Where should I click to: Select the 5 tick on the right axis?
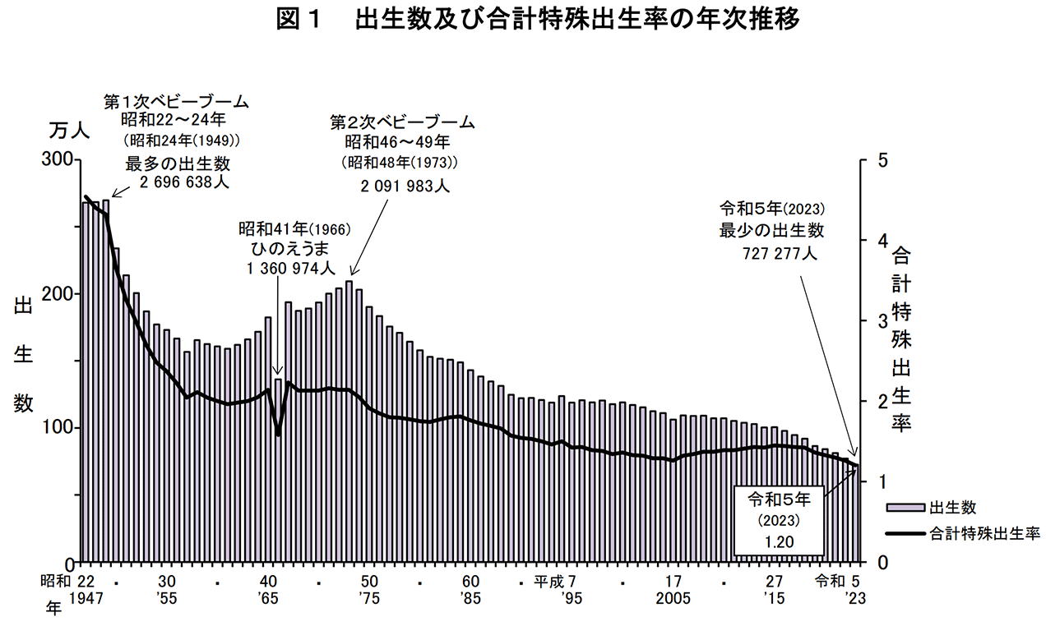(882, 159)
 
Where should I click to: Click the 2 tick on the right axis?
(882, 401)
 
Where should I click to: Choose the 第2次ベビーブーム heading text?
(403, 122)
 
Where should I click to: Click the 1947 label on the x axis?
(86, 599)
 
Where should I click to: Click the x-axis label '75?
(369, 599)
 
